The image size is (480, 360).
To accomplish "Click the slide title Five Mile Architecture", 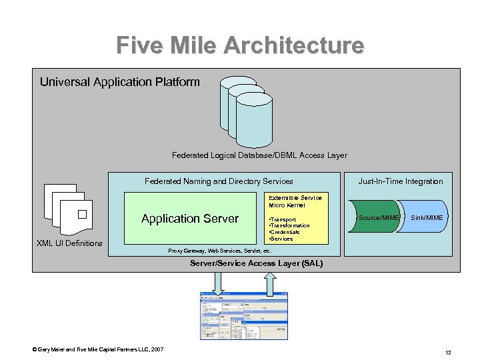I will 240,45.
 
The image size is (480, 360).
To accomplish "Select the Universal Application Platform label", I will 119,82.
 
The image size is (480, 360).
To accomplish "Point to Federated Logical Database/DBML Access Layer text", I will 259,155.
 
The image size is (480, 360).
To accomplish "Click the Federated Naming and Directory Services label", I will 219,181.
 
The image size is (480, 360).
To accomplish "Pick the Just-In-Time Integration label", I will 400,181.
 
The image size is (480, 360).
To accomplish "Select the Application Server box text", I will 189,219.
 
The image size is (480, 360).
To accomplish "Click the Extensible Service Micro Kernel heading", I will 295,201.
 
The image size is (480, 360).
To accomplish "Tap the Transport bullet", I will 283,219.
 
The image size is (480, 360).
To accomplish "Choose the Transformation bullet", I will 289,225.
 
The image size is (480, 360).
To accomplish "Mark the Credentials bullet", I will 285,232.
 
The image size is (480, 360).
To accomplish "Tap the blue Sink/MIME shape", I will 425,218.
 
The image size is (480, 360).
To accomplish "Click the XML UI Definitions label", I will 69,243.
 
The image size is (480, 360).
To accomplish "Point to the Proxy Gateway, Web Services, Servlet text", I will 219,251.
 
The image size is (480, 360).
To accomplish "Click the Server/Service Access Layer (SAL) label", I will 256,264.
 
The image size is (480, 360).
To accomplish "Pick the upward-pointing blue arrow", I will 270,283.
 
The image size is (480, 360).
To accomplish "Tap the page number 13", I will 449,352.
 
